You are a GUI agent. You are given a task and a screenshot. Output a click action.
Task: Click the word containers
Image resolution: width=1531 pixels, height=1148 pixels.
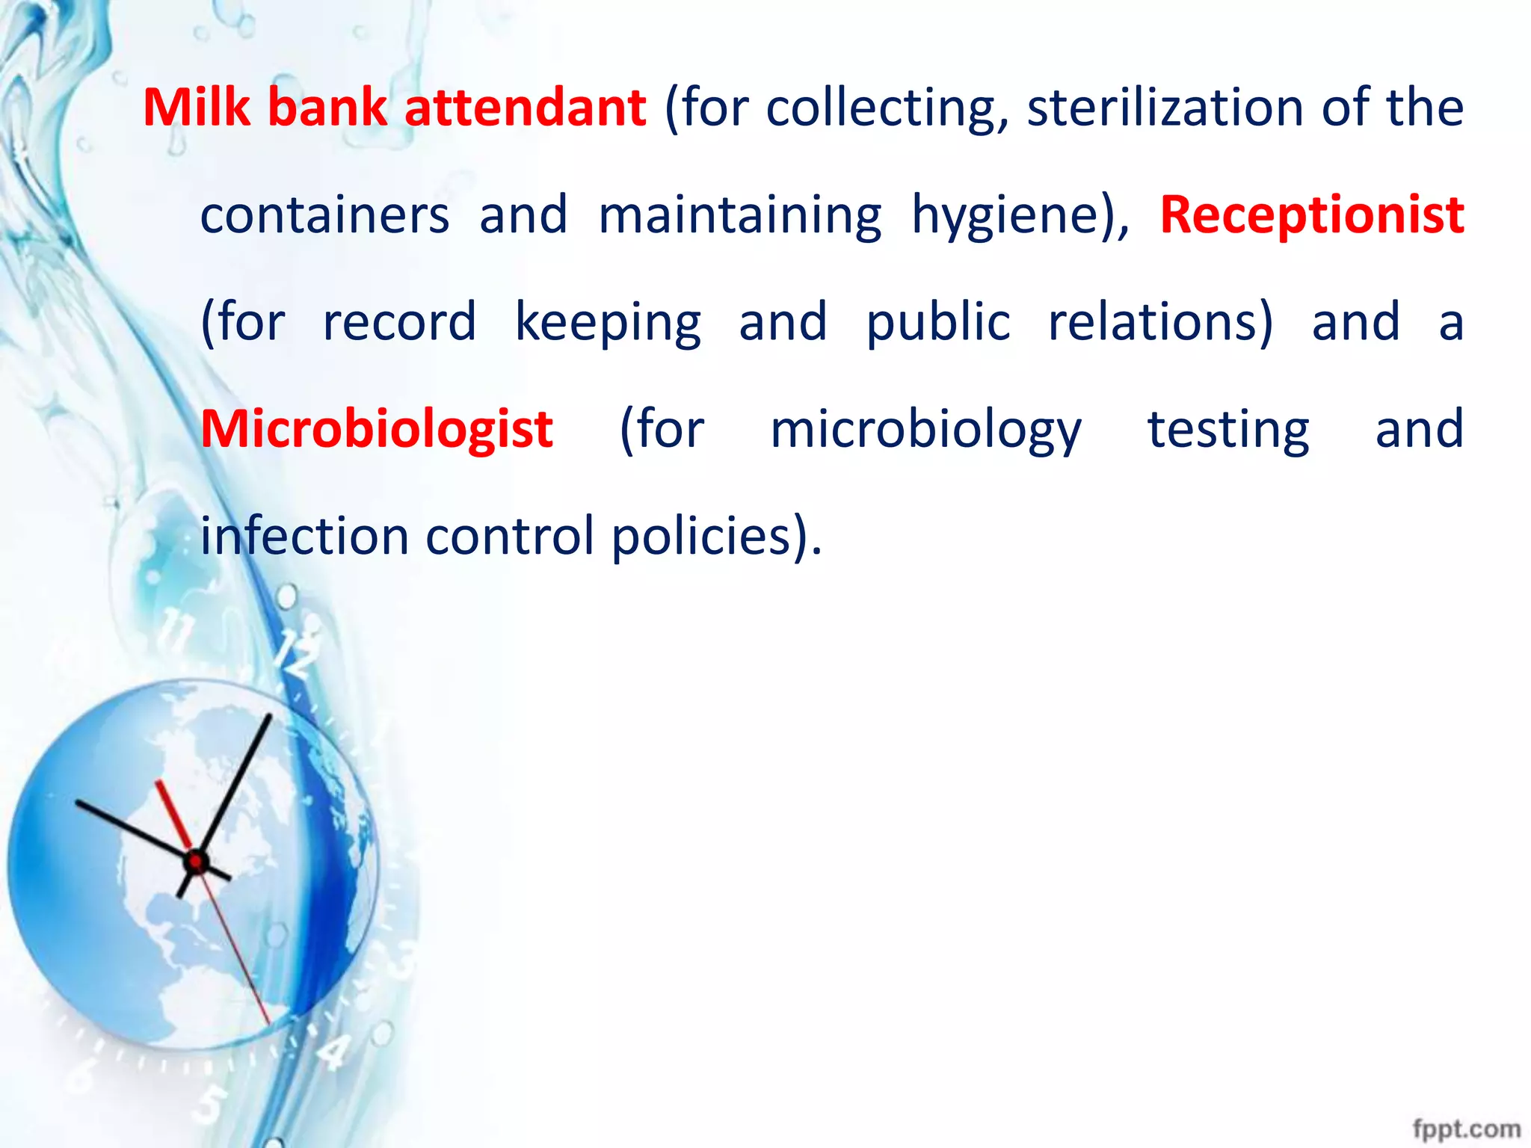pos(325,215)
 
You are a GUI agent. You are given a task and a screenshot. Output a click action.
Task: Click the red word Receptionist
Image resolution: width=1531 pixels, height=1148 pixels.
pos(1312,215)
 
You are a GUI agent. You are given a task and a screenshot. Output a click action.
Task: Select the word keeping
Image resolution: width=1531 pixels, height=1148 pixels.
pos(608,324)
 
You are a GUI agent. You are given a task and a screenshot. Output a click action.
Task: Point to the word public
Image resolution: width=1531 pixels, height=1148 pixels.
pos(938,324)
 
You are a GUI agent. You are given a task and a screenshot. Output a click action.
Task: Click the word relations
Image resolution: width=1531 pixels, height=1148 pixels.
pos(1159,322)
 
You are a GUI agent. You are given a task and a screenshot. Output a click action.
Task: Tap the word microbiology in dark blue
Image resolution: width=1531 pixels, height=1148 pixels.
pos(926,431)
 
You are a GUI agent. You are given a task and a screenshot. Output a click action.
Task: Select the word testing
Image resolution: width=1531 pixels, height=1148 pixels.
pos(1228,431)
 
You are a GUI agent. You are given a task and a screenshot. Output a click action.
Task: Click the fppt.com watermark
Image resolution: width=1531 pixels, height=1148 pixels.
pos(1466,1128)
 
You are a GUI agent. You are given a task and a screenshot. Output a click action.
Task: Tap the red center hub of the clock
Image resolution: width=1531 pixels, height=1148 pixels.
pos(196,862)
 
